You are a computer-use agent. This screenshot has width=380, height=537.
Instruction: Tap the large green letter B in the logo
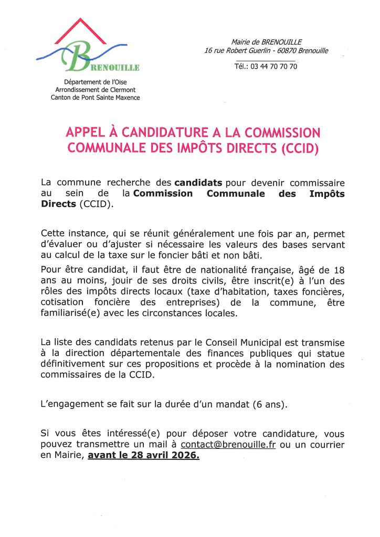click(80, 57)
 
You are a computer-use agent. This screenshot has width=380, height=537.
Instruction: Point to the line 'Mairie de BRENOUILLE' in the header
click(266, 42)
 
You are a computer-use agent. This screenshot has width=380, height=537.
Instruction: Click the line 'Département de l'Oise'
click(95, 82)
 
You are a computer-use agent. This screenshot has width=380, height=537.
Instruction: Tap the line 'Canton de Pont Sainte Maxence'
click(95, 98)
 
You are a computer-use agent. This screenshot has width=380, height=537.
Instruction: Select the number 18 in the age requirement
click(339, 271)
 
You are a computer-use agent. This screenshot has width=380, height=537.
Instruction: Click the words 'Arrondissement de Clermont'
click(95, 90)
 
